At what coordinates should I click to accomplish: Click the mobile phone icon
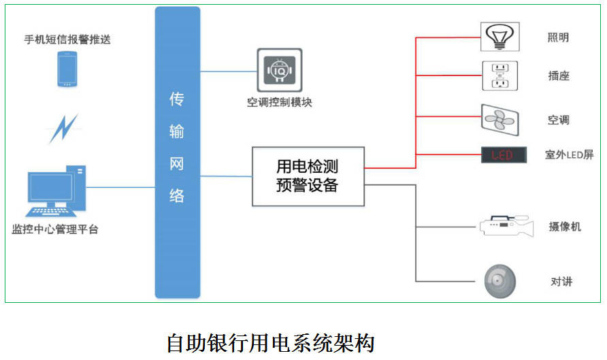67,69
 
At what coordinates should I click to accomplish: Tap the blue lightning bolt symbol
64,128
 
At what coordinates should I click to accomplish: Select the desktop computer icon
56,191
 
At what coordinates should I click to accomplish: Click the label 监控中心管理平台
55,229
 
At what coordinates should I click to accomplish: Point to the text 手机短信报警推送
67,39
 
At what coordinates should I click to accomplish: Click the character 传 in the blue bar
177,99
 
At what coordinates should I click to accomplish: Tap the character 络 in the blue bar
177,196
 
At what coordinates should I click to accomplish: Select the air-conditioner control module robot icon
280,70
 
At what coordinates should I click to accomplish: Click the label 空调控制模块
280,102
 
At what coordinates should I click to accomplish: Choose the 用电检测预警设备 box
308,176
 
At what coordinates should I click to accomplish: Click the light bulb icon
499,37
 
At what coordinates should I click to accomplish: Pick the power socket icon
499,76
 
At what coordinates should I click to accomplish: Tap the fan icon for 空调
499,120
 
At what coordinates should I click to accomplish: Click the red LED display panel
504,155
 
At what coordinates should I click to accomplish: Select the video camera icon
507,226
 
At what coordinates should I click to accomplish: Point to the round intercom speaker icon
500,282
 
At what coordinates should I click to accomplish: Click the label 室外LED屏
569,155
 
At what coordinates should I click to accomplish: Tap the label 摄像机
565,227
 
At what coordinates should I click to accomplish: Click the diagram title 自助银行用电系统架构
271,343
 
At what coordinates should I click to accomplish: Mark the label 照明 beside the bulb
558,37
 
